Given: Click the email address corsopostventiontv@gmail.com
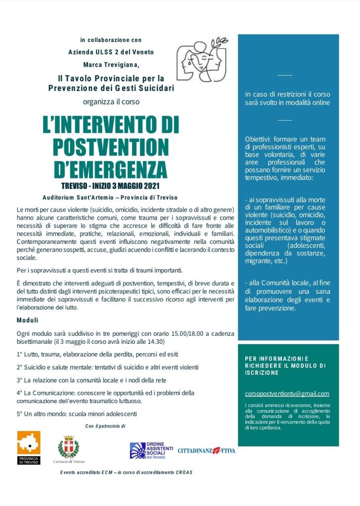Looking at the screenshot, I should click(287, 394).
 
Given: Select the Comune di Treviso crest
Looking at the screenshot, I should click(68, 447).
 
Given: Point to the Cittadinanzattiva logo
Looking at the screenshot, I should click(206, 451).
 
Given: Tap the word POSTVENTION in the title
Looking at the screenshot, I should click(110, 147).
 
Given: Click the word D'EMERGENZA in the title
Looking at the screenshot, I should click(110, 169).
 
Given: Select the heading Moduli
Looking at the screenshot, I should click(27, 321).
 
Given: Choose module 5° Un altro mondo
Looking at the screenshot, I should click(76, 414).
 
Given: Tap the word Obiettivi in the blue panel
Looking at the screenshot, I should click(257, 139).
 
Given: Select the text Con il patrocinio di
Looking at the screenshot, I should click(105, 426).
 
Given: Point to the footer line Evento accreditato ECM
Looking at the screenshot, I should click(126, 472).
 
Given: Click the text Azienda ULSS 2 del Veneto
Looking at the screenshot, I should click(111, 52).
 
